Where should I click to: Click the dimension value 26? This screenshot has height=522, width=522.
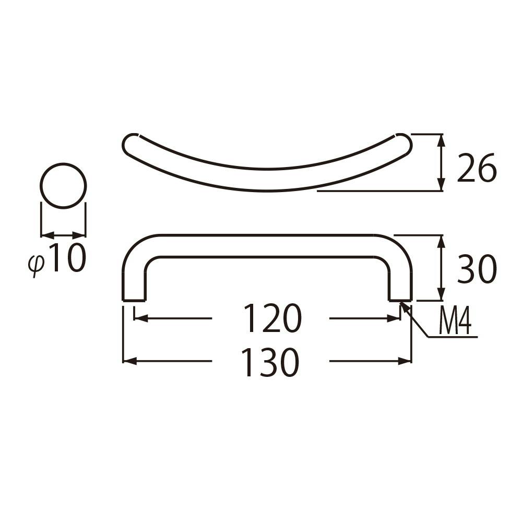(x=477, y=168)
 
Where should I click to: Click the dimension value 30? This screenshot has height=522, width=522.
(x=477, y=269)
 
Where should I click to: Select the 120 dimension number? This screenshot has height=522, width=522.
(x=272, y=318)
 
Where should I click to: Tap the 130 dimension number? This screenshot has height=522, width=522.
(x=271, y=362)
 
